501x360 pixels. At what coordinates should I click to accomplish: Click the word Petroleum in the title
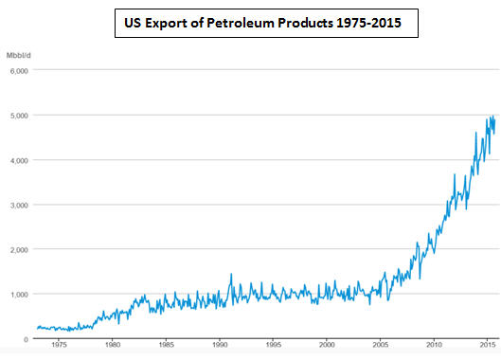pyautogui.click(x=241, y=23)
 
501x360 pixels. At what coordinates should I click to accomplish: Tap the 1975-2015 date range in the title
pyautogui.click(x=368, y=23)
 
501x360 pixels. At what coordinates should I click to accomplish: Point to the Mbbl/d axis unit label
pyautogui.click(x=19, y=56)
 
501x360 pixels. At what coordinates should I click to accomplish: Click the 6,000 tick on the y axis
pyautogui.click(x=19, y=71)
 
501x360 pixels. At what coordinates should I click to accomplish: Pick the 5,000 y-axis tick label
pyautogui.click(x=19, y=116)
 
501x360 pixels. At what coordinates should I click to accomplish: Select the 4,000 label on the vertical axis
pyautogui.click(x=19, y=160)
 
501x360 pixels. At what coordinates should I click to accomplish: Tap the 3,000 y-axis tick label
pyautogui.click(x=19, y=206)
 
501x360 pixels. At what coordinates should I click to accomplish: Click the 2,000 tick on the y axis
pyautogui.click(x=19, y=250)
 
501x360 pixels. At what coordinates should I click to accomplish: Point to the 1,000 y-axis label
pyautogui.click(x=19, y=295)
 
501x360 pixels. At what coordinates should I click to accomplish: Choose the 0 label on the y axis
pyautogui.click(x=26, y=339)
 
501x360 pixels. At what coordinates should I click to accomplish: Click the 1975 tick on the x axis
pyautogui.click(x=59, y=345)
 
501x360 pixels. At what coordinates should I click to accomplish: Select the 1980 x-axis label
pyautogui.click(x=113, y=345)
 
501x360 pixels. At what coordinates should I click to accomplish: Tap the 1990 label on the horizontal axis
pyautogui.click(x=220, y=345)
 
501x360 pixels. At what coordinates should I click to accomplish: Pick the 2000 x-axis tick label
pyautogui.click(x=327, y=345)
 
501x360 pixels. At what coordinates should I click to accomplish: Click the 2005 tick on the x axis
pyautogui.click(x=380, y=345)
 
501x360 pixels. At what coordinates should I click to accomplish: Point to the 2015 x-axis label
pyautogui.click(x=487, y=345)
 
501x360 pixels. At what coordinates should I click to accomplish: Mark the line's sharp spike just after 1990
pyautogui.click(x=231, y=274)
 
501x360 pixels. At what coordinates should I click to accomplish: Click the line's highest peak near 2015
pyautogui.click(x=493, y=117)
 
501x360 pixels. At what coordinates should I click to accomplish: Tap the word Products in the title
pyautogui.click(x=305, y=23)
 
